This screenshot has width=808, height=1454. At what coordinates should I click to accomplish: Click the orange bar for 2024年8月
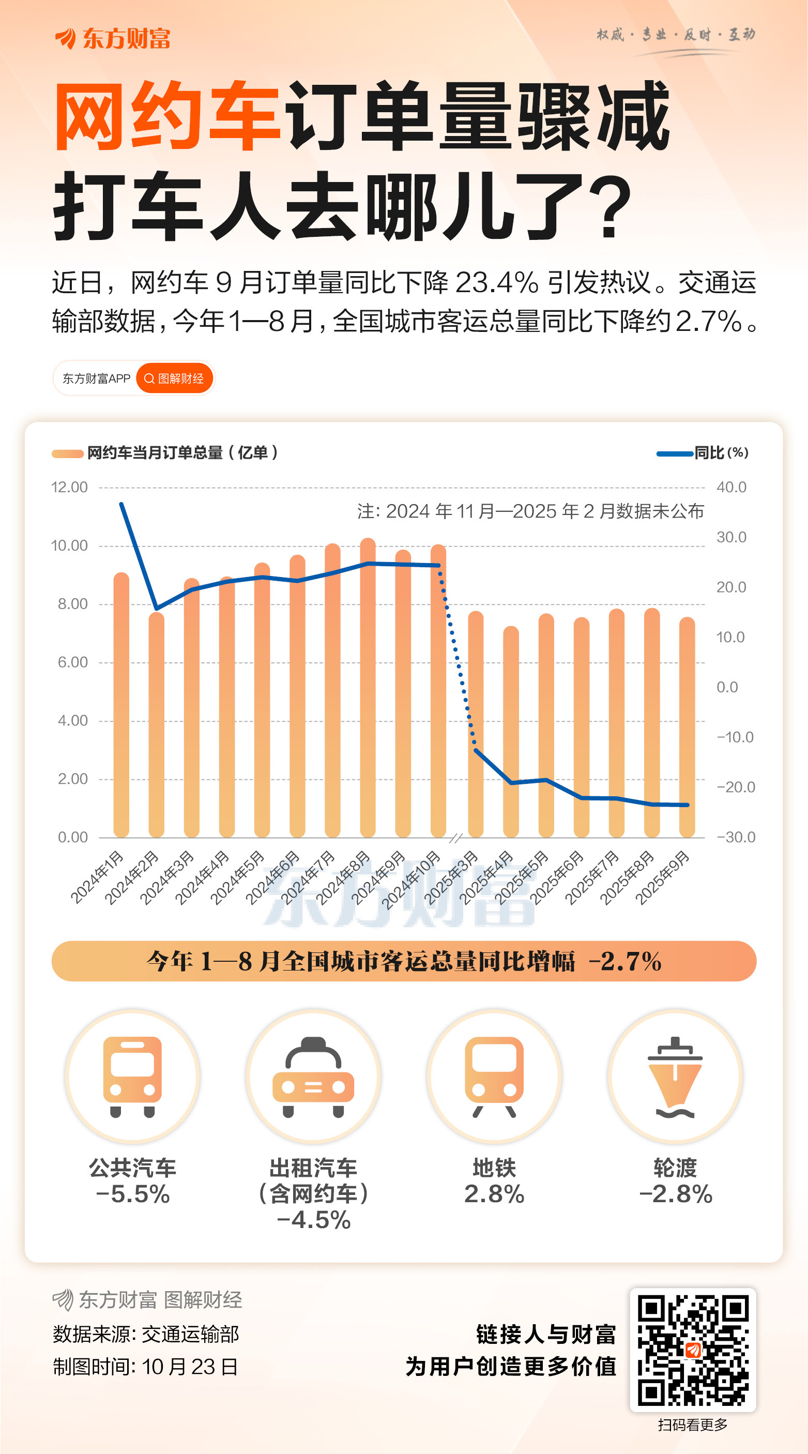(x=368, y=689)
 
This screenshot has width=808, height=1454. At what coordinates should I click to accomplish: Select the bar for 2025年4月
(x=511, y=734)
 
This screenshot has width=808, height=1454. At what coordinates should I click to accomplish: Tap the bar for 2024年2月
(x=156, y=725)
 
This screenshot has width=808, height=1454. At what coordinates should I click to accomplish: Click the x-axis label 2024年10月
(x=411, y=879)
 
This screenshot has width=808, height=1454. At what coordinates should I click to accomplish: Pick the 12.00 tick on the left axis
(x=69, y=487)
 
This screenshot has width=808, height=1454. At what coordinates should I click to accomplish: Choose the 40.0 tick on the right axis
(x=731, y=487)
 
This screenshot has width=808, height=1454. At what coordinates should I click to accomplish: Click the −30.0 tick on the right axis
(x=735, y=837)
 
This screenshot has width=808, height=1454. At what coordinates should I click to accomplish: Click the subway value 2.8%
(x=494, y=1194)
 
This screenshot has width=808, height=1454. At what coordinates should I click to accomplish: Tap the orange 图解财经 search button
(x=174, y=378)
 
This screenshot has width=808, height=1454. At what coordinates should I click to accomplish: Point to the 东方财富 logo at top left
(x=113, y=38)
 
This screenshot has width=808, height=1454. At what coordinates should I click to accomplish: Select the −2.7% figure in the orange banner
(x=624, y=961)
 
